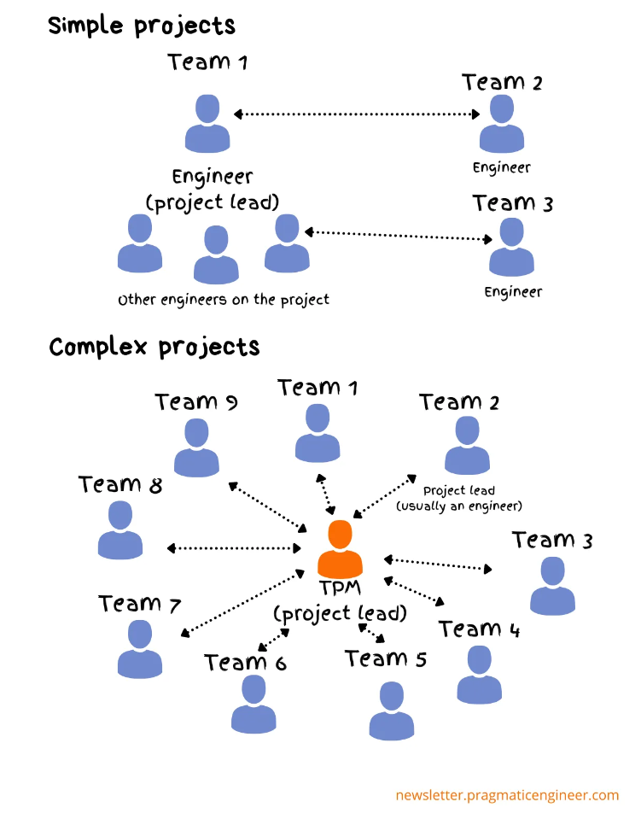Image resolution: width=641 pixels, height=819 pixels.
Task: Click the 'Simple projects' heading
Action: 142,26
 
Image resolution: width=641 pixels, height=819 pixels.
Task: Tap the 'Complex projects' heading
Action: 154,348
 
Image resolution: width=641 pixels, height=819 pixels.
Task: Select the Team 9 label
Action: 195,401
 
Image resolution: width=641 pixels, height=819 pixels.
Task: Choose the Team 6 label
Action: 245,662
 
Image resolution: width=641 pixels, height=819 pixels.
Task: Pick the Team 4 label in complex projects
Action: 480,629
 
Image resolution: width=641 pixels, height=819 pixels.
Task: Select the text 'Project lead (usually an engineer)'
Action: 459,499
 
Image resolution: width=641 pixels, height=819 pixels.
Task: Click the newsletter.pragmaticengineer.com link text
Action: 507,795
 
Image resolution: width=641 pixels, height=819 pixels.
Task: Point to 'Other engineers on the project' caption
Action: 224,300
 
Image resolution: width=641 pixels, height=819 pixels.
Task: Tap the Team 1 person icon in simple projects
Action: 207,124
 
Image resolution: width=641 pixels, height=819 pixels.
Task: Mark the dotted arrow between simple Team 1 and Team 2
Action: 357,114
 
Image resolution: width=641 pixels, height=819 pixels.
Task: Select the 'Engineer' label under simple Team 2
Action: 502,167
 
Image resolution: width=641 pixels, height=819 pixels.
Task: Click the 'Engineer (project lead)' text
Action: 213,190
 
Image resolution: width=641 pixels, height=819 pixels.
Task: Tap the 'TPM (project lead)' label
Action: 340,601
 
